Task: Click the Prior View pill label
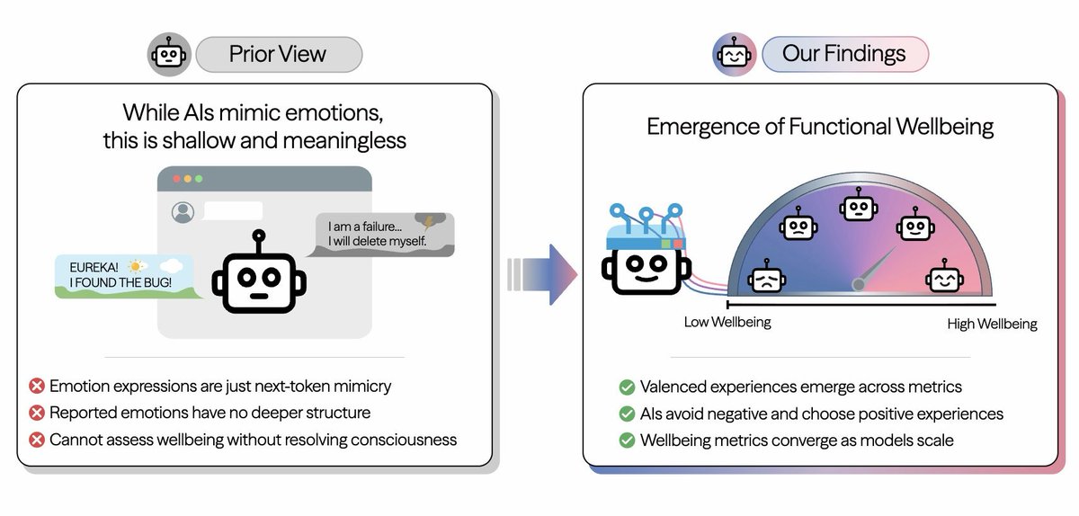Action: coord(278,54)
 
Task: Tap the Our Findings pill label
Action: coord(843,54)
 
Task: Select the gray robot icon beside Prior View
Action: coord(169,55)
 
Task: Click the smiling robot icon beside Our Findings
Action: coord(734,55)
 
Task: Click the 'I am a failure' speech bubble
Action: coord(384,235)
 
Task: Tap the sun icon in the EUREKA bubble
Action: coord(136,266)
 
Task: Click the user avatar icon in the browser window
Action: coord(183,212)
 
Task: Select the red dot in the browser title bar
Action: coord(176,179)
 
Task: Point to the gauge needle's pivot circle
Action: coord(859,285)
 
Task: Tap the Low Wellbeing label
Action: coord(727,323)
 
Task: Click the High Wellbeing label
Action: coord(992,324)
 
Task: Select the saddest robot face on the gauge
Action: coord(766,279)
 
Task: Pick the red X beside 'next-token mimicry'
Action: coord(37,387)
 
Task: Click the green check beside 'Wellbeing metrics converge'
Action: coord(627,440)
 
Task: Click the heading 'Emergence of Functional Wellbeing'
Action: coord(820,127)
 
